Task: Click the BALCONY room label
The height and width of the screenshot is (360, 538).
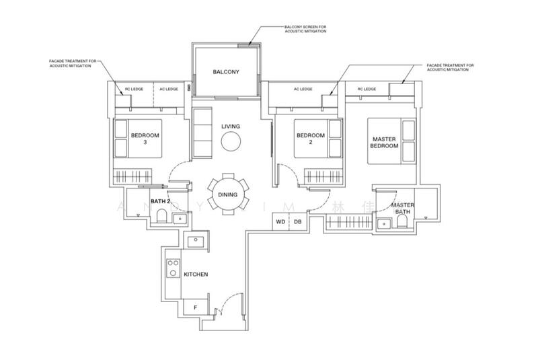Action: tap(226, 72)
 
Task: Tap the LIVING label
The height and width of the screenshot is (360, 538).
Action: tap(231, 127)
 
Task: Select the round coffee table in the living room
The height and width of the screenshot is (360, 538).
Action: tap(231, 142)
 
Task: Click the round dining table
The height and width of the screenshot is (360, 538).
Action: tap(226, 194)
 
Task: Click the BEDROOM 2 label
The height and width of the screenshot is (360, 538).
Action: tap(310, 139)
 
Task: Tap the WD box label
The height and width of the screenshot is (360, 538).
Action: tap(280, 221)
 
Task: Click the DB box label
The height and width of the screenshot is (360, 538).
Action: tap(297, 221)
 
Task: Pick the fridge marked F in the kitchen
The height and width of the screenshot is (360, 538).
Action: tap(195, 308)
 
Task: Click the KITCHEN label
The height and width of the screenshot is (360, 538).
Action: tap(196, 275)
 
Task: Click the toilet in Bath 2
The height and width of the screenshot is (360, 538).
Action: tap(161, 215)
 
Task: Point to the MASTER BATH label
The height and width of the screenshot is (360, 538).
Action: tap(403, 209)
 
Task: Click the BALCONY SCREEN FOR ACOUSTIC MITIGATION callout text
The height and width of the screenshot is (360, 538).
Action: tap(305, 28)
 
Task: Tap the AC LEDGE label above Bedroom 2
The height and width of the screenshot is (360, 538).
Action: tap(303, 89)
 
